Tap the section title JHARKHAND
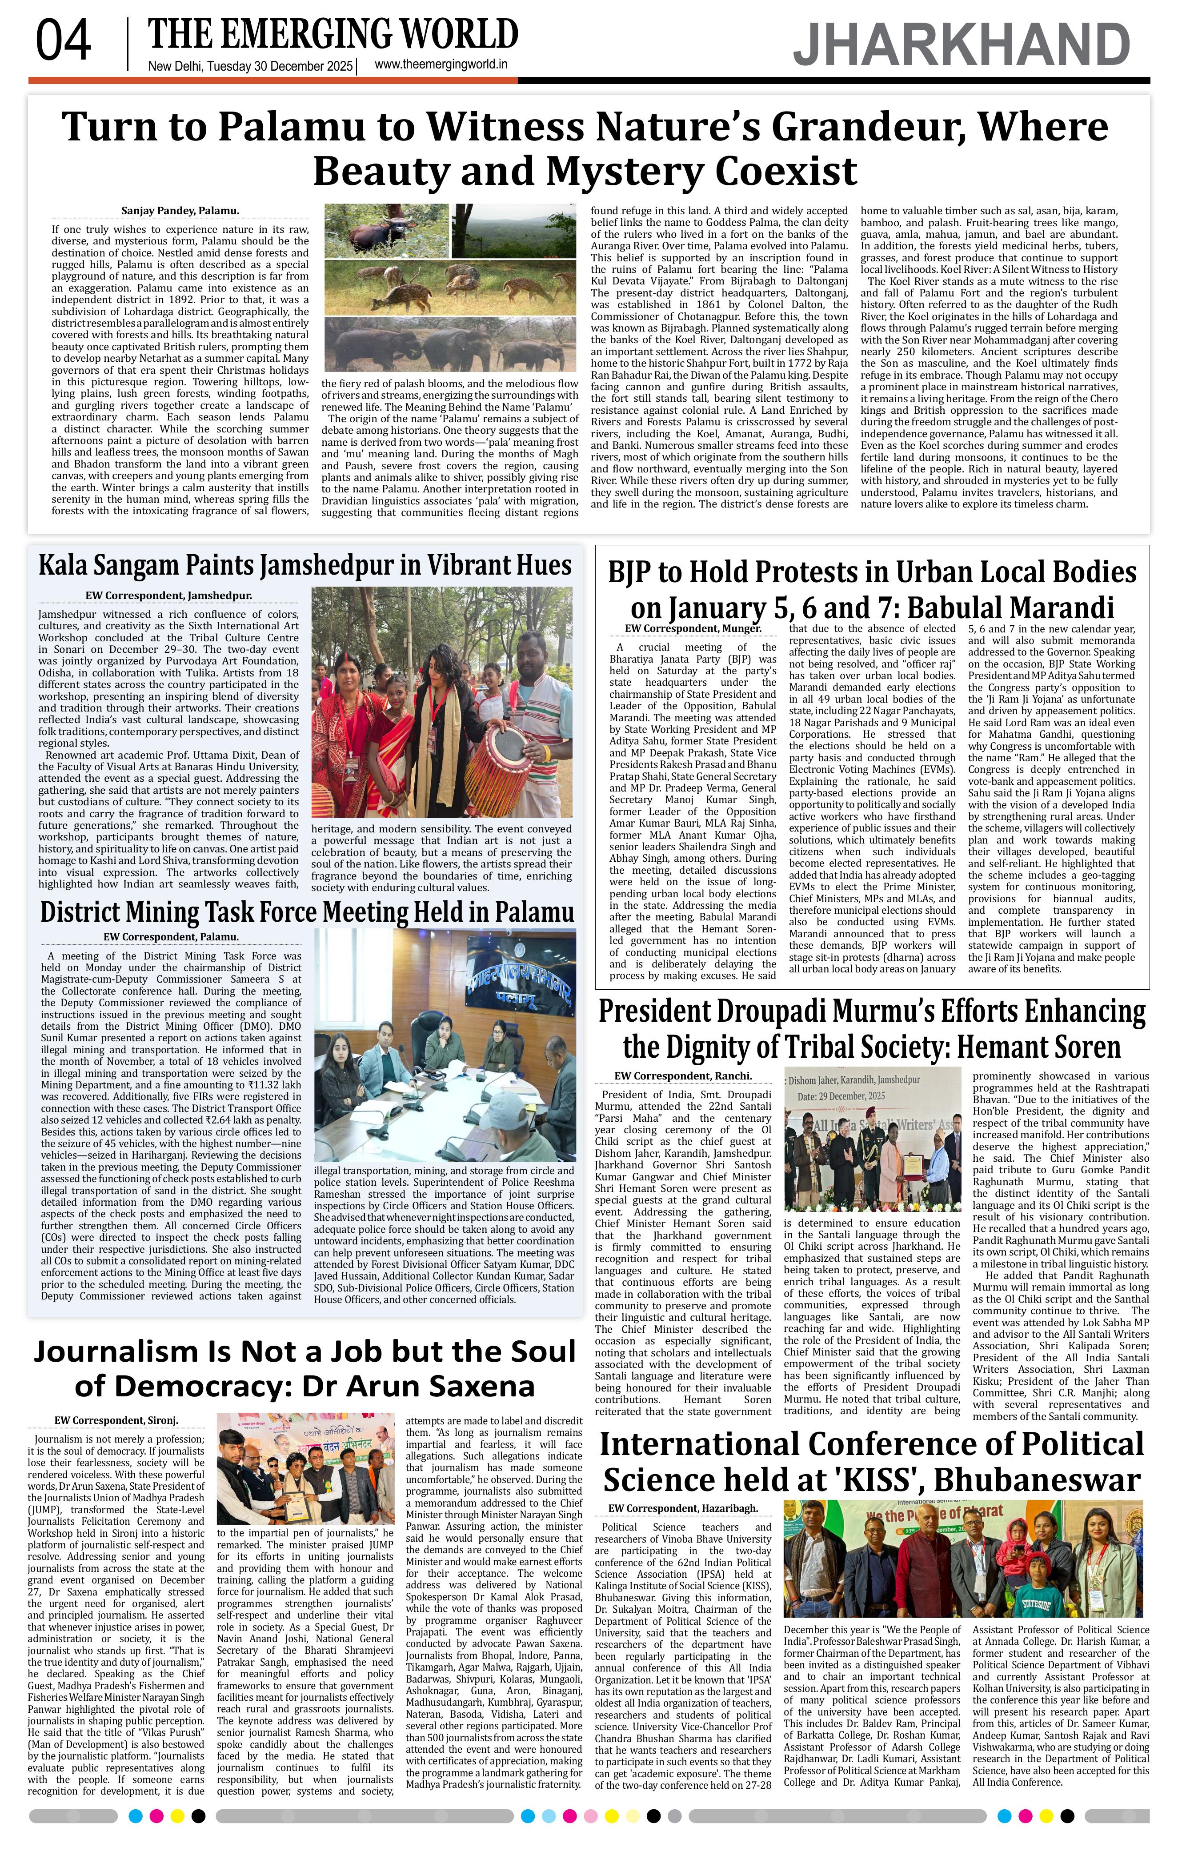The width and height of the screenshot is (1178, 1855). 962,45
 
